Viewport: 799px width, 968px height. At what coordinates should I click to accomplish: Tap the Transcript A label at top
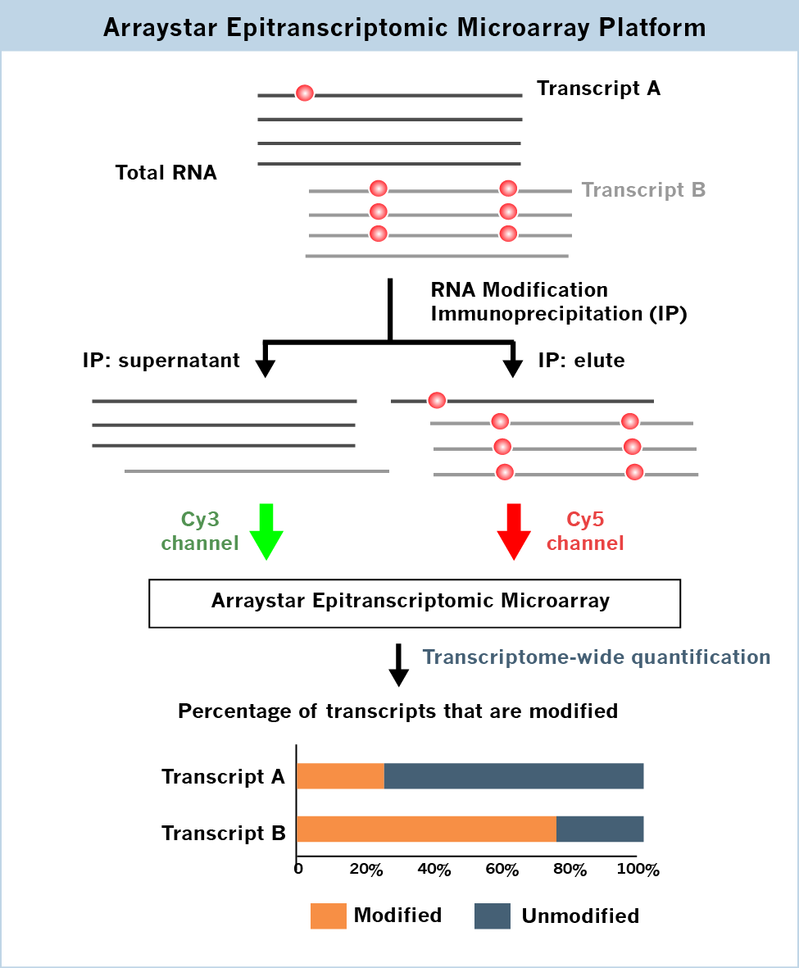(598, 89)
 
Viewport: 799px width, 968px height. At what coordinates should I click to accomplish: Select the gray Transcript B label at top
(643, 190)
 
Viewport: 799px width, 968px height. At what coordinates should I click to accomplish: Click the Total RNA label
(166, 173)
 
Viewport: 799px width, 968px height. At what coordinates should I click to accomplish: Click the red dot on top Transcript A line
(304, 93)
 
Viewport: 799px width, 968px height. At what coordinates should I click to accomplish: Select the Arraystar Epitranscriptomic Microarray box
(415, 602)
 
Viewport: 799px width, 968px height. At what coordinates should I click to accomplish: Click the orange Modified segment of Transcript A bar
(340, 775)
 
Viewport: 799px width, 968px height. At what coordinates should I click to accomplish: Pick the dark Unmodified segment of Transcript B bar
(599, 829)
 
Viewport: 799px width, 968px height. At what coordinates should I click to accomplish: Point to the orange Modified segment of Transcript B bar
(426, 829)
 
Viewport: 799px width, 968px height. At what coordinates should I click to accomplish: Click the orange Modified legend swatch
(328, 916)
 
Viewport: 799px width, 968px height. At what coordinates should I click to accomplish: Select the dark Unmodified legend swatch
(492, 916)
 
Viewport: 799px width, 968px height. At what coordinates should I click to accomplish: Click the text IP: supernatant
(161, 361)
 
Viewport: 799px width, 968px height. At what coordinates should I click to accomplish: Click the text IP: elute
(581, 361)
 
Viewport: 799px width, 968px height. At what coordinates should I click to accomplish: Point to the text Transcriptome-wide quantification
(596, 657)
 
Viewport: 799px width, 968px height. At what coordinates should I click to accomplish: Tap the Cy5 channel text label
(585, 531)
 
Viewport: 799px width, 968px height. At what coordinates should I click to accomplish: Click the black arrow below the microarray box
(398, 666)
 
